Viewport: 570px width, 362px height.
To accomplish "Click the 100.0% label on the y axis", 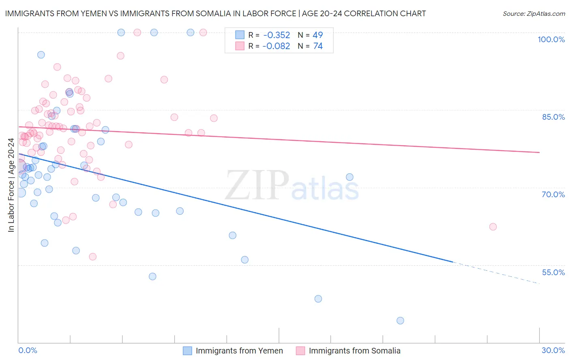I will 551,39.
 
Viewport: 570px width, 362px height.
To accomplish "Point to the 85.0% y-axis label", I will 553,117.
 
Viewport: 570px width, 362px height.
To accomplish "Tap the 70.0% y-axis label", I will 553,194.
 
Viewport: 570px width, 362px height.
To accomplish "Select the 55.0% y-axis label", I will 553,272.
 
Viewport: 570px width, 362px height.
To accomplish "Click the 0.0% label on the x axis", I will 28,350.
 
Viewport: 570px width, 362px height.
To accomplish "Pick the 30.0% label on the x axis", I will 553,350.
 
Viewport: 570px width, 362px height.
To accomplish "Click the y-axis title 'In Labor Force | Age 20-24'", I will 11,185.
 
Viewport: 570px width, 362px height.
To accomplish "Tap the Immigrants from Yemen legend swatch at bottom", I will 187,351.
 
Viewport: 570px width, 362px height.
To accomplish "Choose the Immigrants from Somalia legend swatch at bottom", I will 300,351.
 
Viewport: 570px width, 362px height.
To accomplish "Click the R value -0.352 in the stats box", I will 276,35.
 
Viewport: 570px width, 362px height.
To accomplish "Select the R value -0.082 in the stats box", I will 276,46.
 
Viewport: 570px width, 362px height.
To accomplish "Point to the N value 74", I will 318,46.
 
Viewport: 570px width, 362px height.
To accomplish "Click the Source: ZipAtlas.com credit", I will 534,14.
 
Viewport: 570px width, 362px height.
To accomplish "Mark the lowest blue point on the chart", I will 400,321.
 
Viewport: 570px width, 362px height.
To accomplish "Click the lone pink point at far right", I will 493,227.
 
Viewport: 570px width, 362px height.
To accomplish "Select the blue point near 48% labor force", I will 318,299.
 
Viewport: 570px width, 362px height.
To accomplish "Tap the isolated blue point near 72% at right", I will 349,177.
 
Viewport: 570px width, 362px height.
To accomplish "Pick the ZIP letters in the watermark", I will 257,185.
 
